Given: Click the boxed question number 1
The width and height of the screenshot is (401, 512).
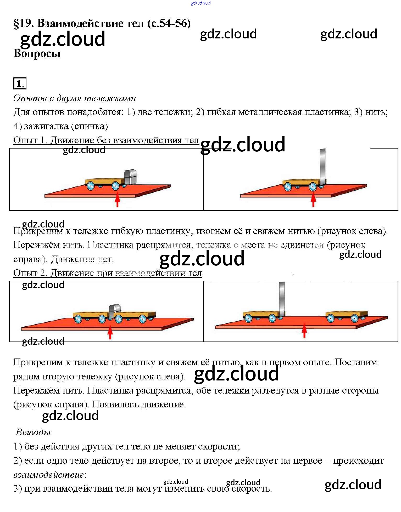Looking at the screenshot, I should click(x=20, y=83).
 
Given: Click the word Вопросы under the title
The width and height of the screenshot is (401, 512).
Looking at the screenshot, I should click(x=37, y=54).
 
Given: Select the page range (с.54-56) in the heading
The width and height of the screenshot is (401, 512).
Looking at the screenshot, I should click(x=169, y=24).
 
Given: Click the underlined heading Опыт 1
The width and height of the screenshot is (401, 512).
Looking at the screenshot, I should click(x=30, y=140).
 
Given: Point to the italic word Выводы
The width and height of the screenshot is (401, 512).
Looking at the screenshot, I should click(x=33, y=432).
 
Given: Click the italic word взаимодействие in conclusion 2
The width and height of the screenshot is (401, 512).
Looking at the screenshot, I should click(x=48, y=474).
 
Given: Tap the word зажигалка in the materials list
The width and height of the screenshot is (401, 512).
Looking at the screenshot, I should click(x=46, y=126).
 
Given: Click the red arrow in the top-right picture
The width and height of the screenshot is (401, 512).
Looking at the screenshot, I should click(x=313, y=200).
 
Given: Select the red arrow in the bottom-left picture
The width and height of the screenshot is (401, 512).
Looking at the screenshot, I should click(x=110, y=332).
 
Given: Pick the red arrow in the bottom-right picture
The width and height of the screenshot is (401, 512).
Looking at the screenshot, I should click(x=304, y=331).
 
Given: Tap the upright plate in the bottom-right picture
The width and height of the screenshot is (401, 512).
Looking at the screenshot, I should click(x=282, y=298).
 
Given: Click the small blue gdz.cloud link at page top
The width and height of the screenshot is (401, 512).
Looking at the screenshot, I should click(x=200, y=3).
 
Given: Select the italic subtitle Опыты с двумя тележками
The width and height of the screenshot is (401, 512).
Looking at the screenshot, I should click(x=75, y=98).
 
